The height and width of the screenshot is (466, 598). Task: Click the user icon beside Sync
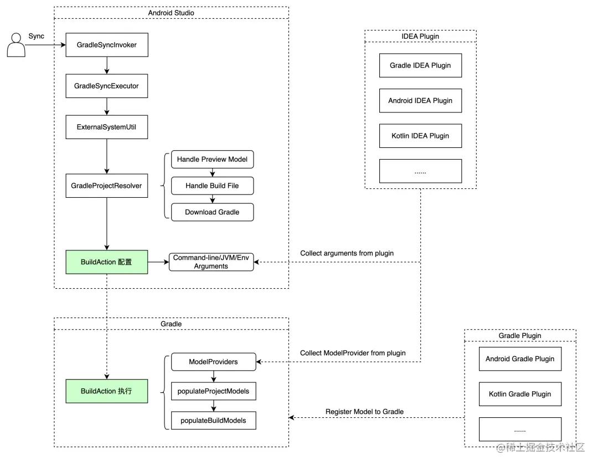pos(16,45)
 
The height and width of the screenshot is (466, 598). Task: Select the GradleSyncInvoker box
pos(106,45)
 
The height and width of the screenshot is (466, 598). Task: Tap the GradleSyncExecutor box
pos(106,86)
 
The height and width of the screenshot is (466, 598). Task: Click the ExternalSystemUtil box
pos(106,127)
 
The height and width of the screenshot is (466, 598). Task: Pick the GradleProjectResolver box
pos(106,186)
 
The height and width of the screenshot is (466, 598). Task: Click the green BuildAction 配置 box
pos(106,262)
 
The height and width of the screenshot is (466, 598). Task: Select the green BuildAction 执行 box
pos(106,391)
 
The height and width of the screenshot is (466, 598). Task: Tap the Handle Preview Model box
pos(212,160)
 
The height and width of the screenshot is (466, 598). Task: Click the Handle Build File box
pos(212,186)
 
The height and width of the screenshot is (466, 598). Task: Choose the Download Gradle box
pos(212,212)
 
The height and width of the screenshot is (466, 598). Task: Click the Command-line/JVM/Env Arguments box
pos(211,262)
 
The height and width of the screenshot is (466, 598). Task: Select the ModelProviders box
pos(213,362)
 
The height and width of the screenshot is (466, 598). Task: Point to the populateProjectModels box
pos(213,391)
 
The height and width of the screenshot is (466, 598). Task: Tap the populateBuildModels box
pos(213,420)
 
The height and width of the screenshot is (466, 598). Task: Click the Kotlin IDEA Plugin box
pos(420,136)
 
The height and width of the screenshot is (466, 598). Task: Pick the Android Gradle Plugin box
pos(520,359)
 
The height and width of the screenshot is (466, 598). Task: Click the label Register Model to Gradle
pos(364,411)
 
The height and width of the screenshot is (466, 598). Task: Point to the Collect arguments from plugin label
pos(347,253)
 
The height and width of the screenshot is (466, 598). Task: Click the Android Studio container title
pos(171,12)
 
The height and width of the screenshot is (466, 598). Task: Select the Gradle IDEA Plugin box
pos(420,65)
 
